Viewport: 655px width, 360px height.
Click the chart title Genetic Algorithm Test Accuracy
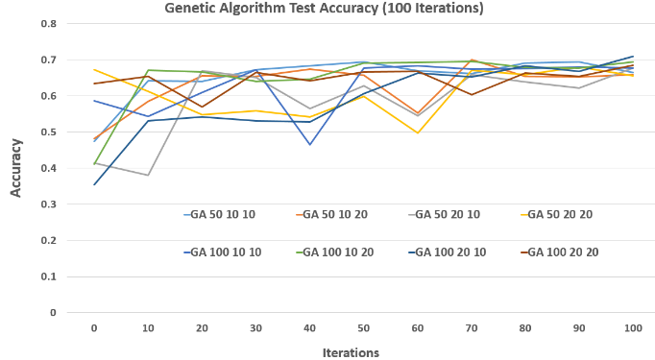[325, 9]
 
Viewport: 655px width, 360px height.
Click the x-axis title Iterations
[352, 352]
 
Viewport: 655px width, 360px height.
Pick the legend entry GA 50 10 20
[336, 214]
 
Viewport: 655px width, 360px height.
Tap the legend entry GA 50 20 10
[447, 214]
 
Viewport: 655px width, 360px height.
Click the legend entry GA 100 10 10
[227, 252]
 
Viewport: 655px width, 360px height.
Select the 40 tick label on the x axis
[309, 327]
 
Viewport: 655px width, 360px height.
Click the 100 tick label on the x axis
[632, 327]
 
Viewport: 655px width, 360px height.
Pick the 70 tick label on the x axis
[471, 327]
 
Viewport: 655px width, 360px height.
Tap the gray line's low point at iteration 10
[147, 175]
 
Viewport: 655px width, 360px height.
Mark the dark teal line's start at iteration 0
[93, 184]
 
